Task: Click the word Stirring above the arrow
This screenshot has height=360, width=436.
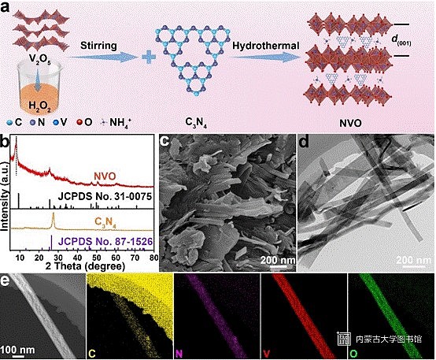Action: tap(98, 46)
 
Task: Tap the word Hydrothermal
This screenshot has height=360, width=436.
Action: tap(266, 46)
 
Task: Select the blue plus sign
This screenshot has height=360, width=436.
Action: tap(149, 57)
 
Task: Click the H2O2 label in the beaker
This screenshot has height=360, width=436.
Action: tap(40, 106)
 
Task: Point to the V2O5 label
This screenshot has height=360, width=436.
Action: tap(40, 60)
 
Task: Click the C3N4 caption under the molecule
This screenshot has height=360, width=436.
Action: tap(196, 123)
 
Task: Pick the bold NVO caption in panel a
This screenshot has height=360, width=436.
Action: tap(350, 123)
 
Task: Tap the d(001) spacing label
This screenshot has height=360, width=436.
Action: tap(401, 40)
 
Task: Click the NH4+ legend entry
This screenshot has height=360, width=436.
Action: tap(116, 122)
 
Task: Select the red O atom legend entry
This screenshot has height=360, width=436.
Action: tap(84, 122)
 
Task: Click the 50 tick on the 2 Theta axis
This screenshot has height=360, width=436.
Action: tap(97, 258)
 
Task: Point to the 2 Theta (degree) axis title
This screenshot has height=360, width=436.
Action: tap(85, 266)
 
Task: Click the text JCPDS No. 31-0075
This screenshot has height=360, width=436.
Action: tap(105, 197)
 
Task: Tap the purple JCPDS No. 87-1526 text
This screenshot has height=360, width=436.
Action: tap(105, 241)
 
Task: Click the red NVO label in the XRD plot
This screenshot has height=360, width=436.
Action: tap(105, 176)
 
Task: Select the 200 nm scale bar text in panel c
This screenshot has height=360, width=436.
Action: tap(278, 260)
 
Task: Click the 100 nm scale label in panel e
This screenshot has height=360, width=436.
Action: tap(17, 350)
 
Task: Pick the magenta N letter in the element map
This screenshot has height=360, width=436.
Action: tap(179, 354)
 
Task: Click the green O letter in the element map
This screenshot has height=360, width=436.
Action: tap(353, 354)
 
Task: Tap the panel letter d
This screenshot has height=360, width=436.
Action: tap(304, 142)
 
